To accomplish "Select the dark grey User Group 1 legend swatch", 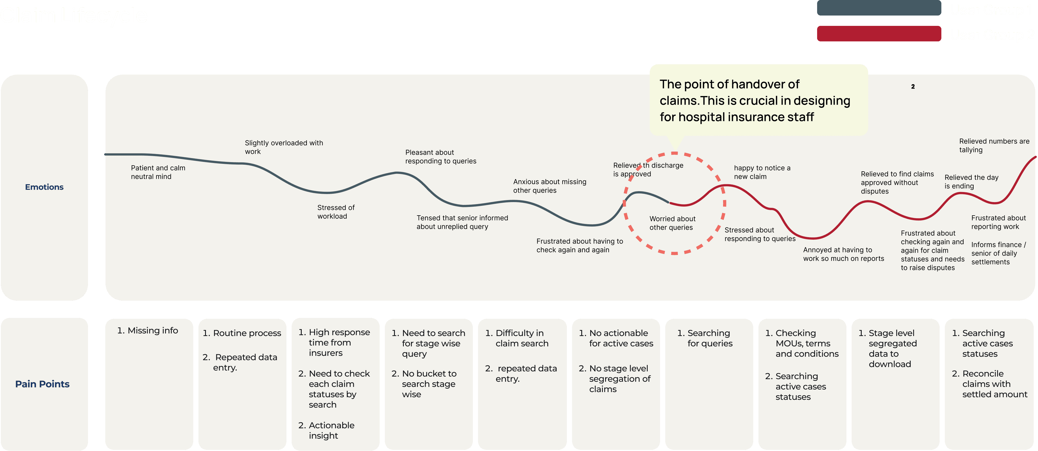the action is click(x=879, y=8).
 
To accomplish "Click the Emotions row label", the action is click(x=44, y=187).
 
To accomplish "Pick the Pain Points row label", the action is click(x=42, y=384).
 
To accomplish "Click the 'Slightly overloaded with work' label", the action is click(x=284, y=147).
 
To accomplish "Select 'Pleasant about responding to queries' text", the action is click(x=440, y=157).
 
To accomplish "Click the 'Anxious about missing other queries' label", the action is click(x=549, y=186).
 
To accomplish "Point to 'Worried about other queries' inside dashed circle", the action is click(x=672, y=223).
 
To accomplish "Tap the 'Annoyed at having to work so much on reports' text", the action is click(x=843, y=254).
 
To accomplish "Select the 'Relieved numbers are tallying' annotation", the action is click(x=994, y=145).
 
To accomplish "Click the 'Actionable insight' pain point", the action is click(x=331, y=431).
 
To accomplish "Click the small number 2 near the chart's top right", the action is click(x=913, y=87).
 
